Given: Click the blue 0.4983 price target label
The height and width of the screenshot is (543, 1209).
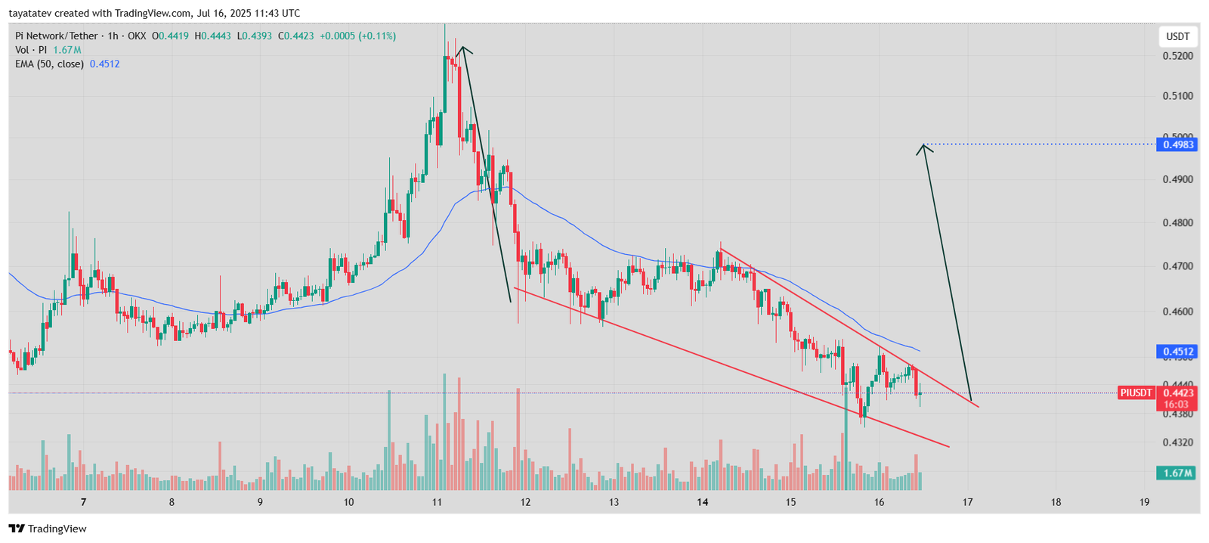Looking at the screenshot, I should coord(1177,144).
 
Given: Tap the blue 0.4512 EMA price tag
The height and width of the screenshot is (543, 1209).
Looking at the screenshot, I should coord(1177,352).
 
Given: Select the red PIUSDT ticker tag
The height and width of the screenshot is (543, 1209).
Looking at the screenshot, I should coord(1136,393).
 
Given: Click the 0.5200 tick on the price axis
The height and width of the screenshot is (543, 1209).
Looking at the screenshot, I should coord(1177,56).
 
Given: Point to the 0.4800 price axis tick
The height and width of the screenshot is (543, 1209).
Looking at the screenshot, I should coord(1177,223).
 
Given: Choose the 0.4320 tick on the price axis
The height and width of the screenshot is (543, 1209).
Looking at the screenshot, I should coord(1177,442).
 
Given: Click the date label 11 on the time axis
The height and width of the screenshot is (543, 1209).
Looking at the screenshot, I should coord(438,502).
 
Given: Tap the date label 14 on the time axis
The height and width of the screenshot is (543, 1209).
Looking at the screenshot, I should coord(703,502).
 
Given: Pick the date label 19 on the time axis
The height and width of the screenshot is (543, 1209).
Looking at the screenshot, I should coord(1144,502).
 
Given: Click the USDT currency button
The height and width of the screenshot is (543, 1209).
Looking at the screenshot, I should coord(1177,36).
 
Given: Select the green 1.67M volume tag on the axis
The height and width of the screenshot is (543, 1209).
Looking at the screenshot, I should coord(1177,473).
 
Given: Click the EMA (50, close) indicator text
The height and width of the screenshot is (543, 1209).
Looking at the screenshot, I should coord(49,64).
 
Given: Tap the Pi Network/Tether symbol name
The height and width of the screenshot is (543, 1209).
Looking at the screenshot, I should coord(57,36).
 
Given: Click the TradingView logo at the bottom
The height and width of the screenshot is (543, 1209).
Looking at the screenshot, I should coord(48,529).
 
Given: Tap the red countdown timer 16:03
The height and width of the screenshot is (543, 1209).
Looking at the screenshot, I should coord(1177,405).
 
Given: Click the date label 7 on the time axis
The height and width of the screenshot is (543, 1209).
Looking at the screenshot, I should coord(83,502).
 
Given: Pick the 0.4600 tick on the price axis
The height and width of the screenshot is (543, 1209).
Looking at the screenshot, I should coord(1177,312).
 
